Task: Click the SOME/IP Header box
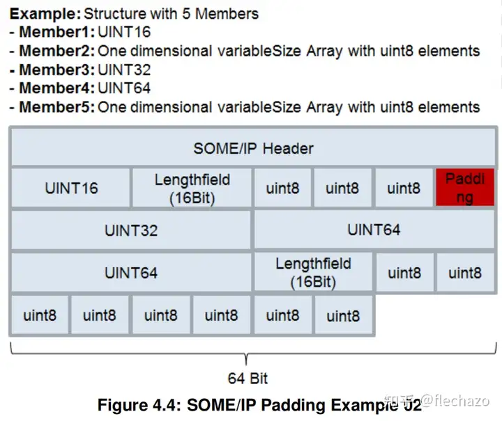click(253, 148)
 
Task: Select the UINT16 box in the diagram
click(71, 188)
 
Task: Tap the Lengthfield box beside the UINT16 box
click(192, 188)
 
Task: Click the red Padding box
click(465, 188)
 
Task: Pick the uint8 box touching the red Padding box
click(404, 188)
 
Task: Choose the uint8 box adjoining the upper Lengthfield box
click(283, 188)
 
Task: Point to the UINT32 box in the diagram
click(131, 230)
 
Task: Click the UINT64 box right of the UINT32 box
click(374, 230)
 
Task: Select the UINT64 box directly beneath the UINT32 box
click(131, 273)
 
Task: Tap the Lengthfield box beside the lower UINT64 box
click(313, 273)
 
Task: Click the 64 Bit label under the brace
click(248, 379)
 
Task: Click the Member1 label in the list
click(56, 31)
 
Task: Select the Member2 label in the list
click(56, 51)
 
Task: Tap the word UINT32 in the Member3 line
click(124, 70)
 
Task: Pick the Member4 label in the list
click(56, 88)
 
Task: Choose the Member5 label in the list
click(56, 107)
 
